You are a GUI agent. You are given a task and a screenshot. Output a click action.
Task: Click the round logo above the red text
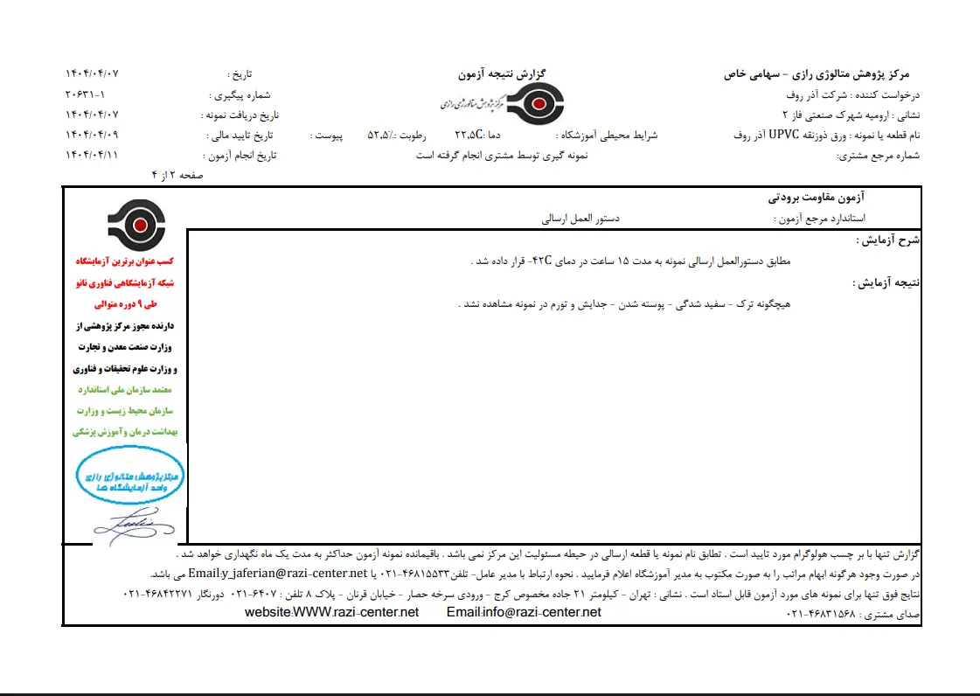tap(135, 226)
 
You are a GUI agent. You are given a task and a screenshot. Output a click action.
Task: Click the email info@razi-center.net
tap(524, 612)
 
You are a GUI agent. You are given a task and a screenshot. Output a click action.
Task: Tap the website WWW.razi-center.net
tap(332, 612)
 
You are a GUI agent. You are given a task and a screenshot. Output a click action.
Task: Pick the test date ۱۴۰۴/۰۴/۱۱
tap(92, 155)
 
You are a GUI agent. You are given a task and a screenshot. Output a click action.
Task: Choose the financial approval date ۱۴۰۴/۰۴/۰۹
tap(92, 135)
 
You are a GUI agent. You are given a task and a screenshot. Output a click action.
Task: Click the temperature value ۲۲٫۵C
tap(469, 135)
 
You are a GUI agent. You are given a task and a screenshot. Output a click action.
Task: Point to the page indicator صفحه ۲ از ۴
tap(177, 175)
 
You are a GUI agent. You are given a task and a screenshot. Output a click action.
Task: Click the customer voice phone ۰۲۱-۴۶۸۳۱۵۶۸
tap(822, 615)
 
